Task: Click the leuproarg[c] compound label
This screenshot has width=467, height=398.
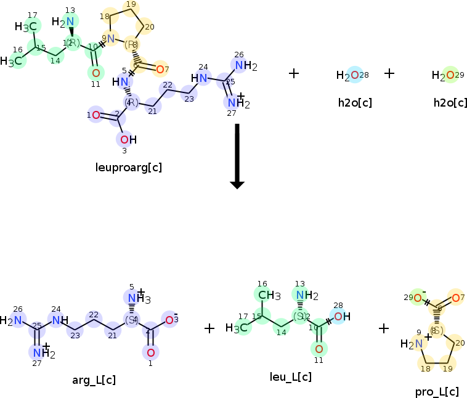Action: point(129,167)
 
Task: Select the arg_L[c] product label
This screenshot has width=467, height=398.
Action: point(94,380)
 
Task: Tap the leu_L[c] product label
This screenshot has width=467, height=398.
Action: point(290,376)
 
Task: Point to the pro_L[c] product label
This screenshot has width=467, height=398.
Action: point(437,392)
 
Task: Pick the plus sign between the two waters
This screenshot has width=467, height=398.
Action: point(389,73)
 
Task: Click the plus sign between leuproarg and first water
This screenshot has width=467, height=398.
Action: point(294,73)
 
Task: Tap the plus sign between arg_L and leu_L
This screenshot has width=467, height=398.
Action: point(209,328)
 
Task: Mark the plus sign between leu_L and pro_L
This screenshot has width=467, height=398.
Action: point(384,328)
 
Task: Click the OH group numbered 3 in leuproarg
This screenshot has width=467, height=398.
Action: point(126,140)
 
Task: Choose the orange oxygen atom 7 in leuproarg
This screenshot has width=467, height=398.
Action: point(160,68)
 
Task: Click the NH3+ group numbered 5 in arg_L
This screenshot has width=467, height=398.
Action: point(137,299)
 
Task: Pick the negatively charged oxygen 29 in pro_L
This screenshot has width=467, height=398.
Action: point(417,298)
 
